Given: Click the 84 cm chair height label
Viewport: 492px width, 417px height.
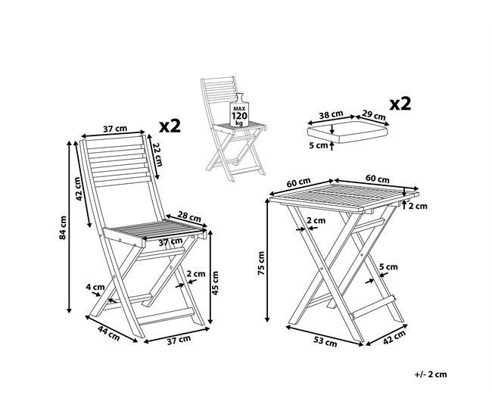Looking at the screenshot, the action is pos(63,228).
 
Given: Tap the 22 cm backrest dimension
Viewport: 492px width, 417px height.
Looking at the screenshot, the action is pos(158,154).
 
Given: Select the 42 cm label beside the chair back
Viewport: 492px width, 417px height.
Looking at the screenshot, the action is pos(79,189).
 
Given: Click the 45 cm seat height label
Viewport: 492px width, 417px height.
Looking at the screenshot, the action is pos(215,283).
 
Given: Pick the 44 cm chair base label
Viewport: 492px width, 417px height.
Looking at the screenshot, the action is pos(108,333).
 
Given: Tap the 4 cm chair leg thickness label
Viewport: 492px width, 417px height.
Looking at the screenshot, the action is pos(95,287).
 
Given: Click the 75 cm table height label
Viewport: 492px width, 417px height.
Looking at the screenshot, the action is pos(261,263).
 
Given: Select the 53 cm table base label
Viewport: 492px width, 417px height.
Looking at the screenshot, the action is pos(325,341).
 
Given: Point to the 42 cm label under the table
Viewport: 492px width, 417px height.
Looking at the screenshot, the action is pos(394,338).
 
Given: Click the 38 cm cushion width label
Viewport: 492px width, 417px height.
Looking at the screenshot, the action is pos(331,114).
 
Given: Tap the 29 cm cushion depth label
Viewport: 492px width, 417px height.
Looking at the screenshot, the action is pos(374,115).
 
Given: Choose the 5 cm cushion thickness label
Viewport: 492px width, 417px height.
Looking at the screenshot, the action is pos(318,145).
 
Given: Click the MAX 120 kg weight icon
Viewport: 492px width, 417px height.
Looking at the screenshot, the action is pos(238,110).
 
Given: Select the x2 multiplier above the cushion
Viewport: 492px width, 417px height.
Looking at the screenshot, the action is pos(400,104).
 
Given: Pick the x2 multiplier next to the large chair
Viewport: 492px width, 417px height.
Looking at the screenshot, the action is pos(170,126).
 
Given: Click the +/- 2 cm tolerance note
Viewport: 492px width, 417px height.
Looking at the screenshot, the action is pos(431,374).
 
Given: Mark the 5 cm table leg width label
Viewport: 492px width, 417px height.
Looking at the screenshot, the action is pos(388,267).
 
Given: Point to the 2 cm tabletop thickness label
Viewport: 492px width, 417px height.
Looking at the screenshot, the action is pos(419,206).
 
